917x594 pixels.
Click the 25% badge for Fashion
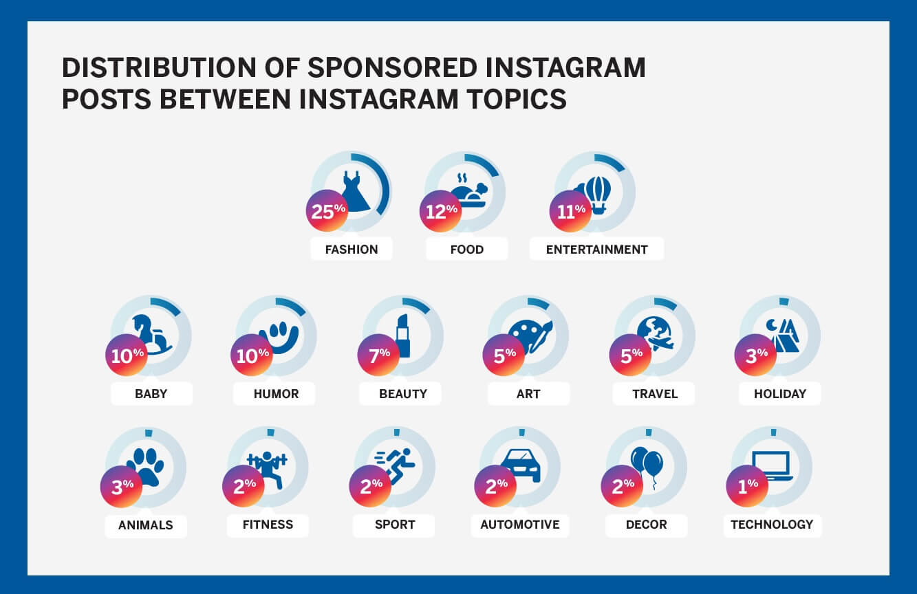point(327,210)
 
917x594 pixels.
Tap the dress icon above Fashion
point(355,191)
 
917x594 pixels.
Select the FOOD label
point(467,249)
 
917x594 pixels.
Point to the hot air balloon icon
point(596,195)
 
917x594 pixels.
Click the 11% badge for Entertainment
point(570,211)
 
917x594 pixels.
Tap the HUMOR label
point(276,393)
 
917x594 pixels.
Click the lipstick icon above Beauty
point(403,336)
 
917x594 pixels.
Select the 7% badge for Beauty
point(378,355)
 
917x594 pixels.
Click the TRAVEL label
point(655,393)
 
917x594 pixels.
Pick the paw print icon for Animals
point(145,467)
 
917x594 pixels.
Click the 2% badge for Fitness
point(244,486)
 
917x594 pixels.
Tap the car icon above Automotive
point(520,465)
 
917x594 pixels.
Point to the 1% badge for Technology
point(747,486)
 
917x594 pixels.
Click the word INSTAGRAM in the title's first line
point(565,67)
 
